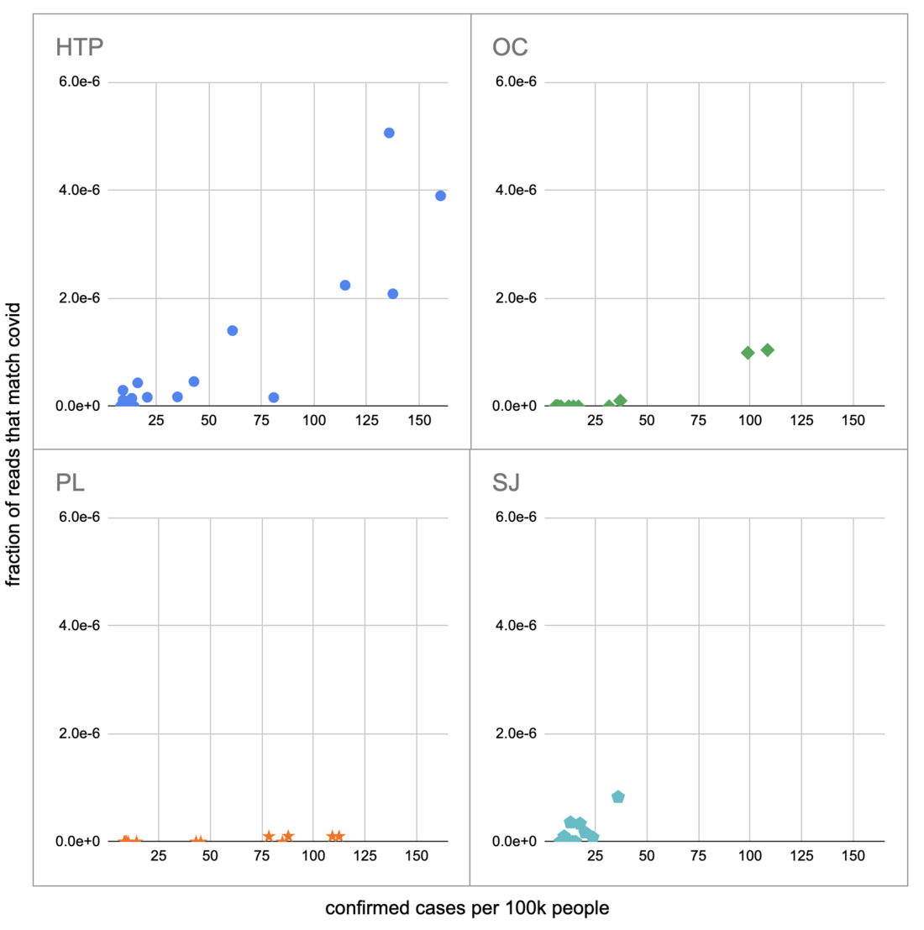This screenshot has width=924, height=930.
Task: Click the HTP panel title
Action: coord(79,47)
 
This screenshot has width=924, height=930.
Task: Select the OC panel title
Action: coord(510,47)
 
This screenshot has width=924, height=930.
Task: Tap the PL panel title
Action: coord(70,483)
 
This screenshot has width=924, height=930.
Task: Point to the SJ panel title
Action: coord(506,483)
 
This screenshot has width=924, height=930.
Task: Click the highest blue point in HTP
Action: coord(389,133)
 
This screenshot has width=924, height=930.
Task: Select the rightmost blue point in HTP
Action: coord(440,196)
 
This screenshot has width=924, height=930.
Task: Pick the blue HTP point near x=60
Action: coord(233,331)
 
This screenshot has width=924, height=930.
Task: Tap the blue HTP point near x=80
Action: coord(274,397)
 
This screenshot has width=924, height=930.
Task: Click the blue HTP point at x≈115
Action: coord(345,286)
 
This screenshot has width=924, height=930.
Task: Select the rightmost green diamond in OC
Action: coord(768,350)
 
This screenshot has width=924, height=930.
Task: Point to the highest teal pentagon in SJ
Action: coord(618,796)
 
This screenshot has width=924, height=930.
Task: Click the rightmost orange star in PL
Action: coord(339,836)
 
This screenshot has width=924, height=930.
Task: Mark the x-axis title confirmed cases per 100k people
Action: coord(467,908)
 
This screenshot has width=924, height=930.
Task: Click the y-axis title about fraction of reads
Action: coord(13,445)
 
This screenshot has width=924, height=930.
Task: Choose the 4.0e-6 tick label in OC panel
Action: coord(516,191)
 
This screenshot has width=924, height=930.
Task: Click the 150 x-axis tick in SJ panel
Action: coord(853,856)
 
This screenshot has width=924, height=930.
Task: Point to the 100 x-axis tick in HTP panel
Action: coord(314,420)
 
